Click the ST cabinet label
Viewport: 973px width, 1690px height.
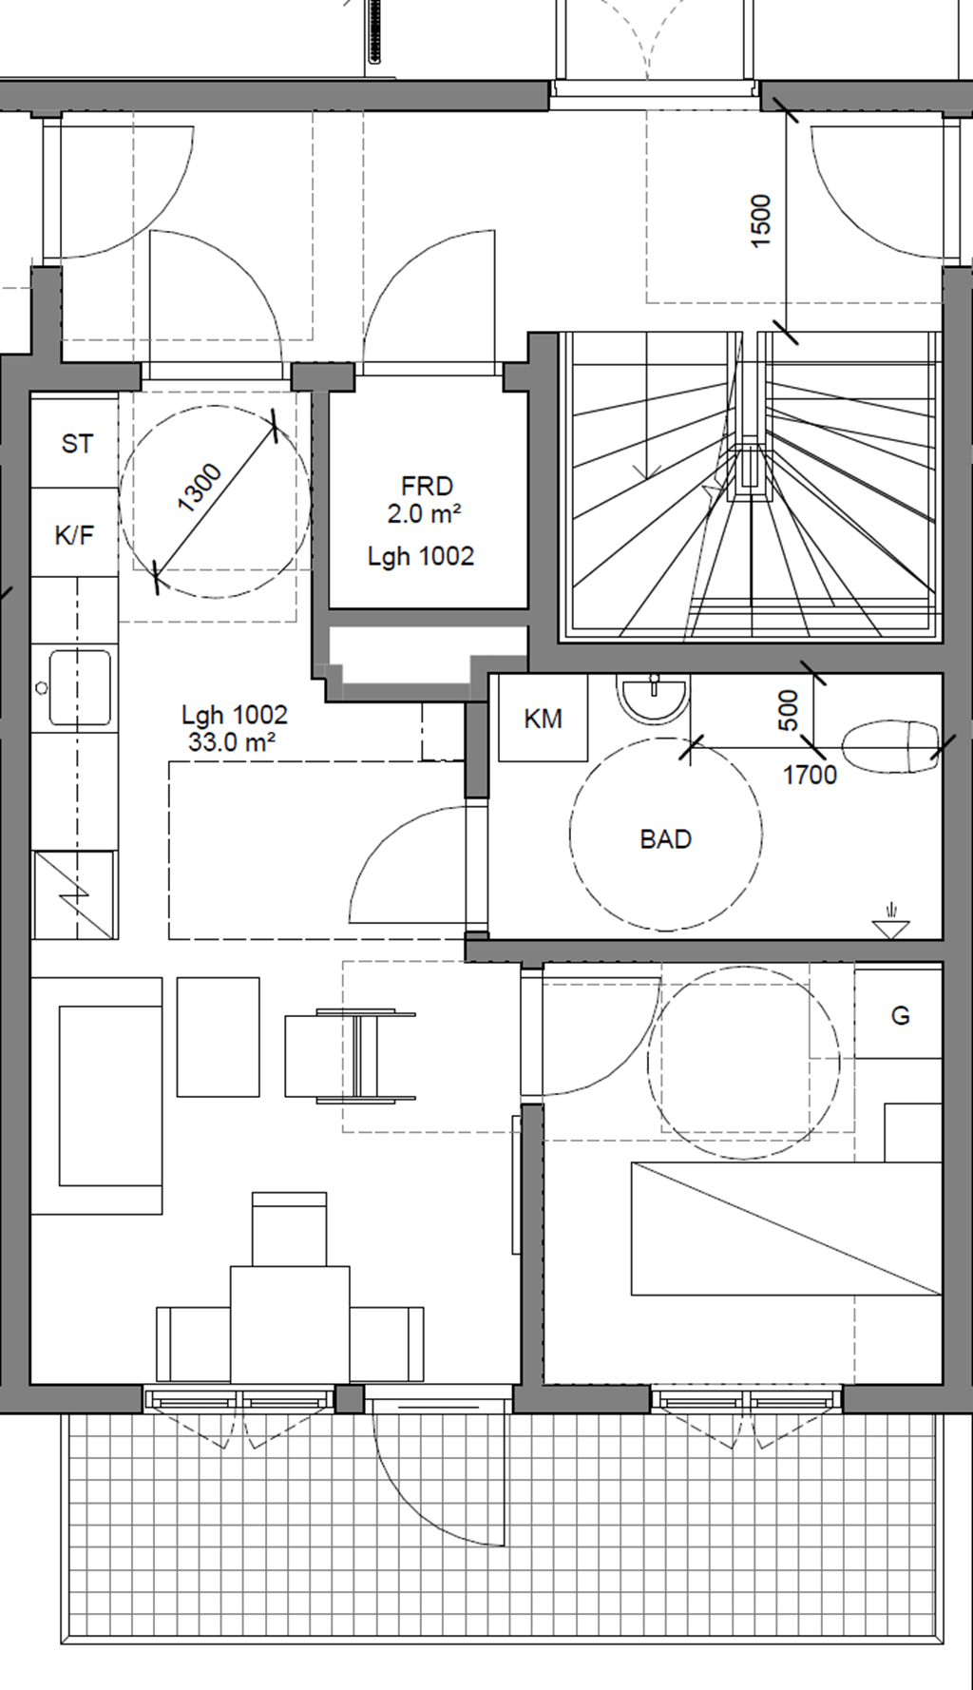pos(77,444)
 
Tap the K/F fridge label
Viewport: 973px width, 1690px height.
pos(74,535)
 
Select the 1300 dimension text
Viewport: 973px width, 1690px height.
pos(200,487)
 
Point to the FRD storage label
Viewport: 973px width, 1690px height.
pos(427,487)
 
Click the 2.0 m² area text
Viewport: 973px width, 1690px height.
pos(424,514)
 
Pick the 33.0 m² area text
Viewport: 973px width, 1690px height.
pos(232,742)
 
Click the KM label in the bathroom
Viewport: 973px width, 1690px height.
pos(543,720)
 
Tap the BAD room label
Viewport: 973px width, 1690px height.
pos(665,839)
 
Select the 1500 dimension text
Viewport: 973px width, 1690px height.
pos(761,221)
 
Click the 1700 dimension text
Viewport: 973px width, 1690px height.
pos(810,776)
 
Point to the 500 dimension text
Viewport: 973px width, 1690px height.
pos(789,710)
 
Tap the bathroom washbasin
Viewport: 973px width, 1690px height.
pos(653,699)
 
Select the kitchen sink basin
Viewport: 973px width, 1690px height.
pos(80,687)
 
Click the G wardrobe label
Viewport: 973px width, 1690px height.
pos(900,1016)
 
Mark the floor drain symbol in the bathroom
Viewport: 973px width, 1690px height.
pos(890,922)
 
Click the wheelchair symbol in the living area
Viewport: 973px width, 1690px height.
pos(350,1056)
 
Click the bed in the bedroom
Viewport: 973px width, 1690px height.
pos(787,1227)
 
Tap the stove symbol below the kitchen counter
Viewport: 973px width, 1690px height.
pos(74,894)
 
